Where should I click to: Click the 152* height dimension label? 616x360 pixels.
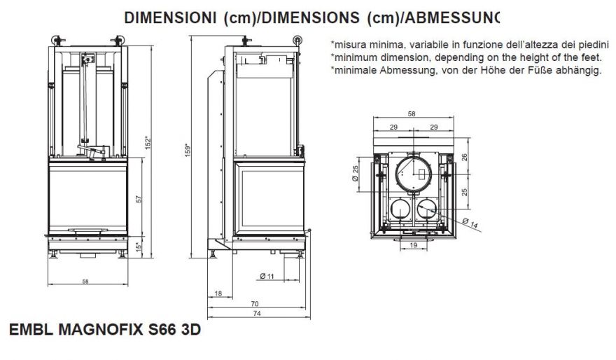148,143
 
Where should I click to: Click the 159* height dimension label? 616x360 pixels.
188,150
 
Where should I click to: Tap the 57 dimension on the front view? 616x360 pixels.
139,199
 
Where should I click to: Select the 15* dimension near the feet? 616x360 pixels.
139,247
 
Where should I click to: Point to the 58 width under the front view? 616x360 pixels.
85,282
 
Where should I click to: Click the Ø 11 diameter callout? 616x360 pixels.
267,276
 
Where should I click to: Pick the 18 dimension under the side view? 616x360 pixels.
219,293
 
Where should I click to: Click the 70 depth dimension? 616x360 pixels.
255,303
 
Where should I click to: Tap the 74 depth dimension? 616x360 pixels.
257,313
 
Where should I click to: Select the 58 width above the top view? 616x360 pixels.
412,114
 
